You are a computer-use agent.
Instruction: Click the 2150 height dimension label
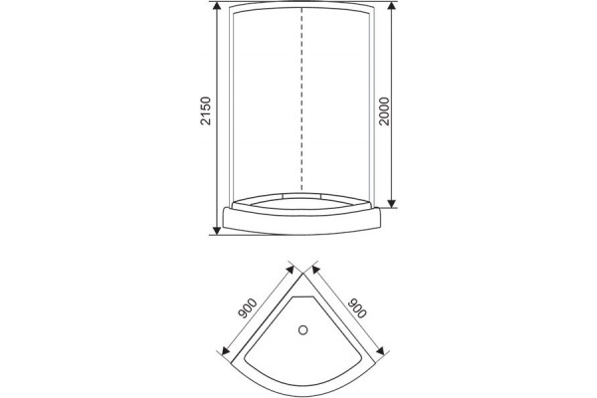coord(206,110)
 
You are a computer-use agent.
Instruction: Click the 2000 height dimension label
coord(384,111)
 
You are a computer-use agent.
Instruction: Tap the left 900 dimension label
coord(248,308)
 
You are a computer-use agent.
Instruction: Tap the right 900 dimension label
coord(357,307)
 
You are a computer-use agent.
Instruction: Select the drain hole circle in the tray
coord(303,329)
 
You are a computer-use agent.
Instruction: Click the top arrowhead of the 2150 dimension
coord(217,6)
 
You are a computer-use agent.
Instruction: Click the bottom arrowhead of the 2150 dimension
coord(217,231)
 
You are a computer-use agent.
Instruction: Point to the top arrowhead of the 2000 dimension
coord(392,6)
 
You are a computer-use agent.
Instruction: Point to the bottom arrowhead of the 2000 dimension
coord(392,203)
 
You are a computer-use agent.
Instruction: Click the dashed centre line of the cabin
coord(301,99)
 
